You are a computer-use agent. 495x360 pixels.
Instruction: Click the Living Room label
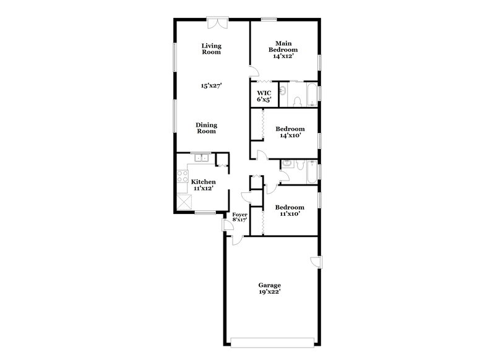click(212, 49)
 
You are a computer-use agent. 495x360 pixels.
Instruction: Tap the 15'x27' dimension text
click(212, 86)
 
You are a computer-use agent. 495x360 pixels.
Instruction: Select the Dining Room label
click(206, 127)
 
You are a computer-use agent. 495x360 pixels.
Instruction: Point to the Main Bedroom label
click(282, 49)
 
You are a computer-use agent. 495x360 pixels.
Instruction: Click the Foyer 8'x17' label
click(239, 216)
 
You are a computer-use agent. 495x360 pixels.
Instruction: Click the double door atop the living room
click(218, 23)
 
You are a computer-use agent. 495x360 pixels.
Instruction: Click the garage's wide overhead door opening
click(272, 340)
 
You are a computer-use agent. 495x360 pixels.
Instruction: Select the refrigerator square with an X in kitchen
click(183, 202)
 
